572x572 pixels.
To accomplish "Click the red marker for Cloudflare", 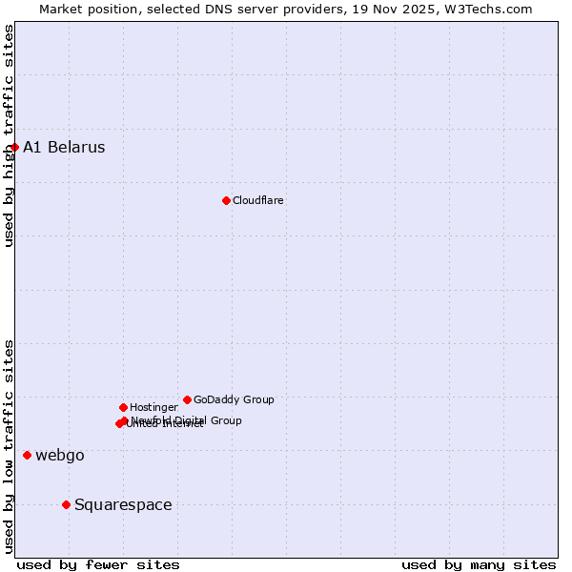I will click(226, 200).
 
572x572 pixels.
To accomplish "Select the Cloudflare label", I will click(258, 200).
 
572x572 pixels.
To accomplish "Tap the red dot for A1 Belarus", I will click(14, 147).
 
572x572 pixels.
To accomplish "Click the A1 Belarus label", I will click(64, 148).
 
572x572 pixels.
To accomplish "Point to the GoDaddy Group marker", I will click(187, 399).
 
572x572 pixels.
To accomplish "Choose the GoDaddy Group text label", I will click(234, 400).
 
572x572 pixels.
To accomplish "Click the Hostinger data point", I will click(123, 407).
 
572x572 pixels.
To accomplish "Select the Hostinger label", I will click(153, 408).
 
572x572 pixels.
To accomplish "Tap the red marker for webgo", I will click(27, 455).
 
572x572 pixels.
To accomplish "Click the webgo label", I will click(60, 456).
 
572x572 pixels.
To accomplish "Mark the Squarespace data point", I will click(66, 504).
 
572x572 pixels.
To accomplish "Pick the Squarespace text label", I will click(123, 505).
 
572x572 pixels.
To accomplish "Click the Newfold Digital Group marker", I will click(125, 420).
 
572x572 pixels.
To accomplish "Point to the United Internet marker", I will click(119, 423).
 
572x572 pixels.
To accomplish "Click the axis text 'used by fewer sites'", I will click(98, 564).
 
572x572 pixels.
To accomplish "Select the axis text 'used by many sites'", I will click(479, 564).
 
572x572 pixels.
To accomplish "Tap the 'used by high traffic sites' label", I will click(9, 135).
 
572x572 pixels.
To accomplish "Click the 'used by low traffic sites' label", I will click(9, 446).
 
